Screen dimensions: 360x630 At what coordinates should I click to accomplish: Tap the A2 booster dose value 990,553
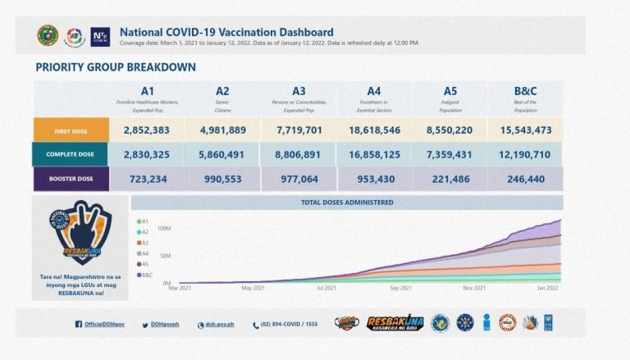(222, 179)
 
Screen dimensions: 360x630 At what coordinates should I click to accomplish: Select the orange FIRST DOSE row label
(71, 130)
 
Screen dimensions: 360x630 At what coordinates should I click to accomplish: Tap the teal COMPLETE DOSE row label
(71, 154)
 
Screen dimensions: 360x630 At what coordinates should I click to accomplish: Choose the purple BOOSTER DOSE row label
(71, 179)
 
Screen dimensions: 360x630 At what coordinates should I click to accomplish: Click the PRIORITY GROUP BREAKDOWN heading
(116, 67)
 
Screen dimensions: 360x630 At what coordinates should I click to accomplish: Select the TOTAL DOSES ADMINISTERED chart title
(347, 202)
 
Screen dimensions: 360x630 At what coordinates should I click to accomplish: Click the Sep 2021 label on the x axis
(400, 289)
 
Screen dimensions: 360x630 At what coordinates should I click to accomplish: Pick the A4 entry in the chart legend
(145, 253)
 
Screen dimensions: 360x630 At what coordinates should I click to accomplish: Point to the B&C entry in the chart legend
(147, 275)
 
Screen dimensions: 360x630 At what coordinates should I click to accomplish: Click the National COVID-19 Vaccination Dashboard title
(226, 32)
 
